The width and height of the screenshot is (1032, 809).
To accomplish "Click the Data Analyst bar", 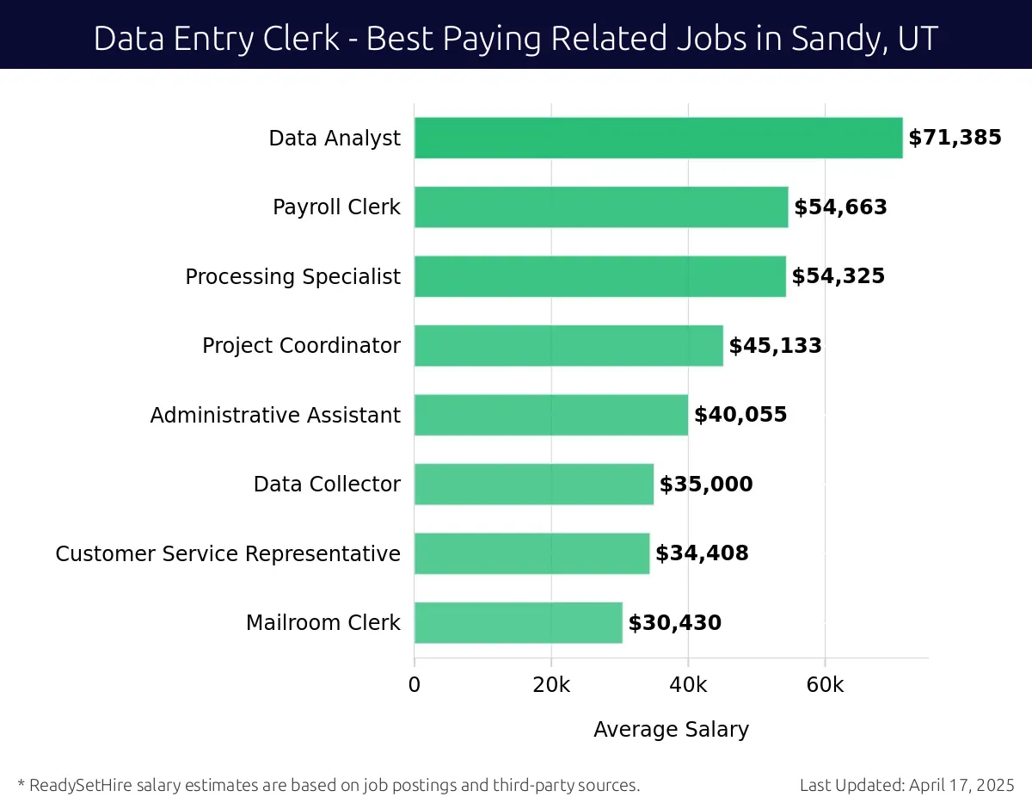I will pyautogui.click(x=658, y=138).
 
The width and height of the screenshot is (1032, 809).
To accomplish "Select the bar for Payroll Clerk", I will pyautogui.click(x=601, y=207).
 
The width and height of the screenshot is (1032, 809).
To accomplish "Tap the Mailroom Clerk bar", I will pyautogui.click(x=518, y=622).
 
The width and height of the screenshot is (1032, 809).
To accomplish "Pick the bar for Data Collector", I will pyautogui.click(x=533, y=484).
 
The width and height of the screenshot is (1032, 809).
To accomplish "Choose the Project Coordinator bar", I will pyautogui.click(x=568, y=345).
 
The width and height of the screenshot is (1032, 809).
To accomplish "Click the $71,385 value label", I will pyautogui.click(x=955, y=138).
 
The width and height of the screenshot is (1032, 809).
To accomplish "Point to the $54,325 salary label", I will pyautogui.click(x=838, y=276).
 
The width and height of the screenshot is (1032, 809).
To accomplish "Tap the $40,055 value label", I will pyautogui.click(x=740, y=415).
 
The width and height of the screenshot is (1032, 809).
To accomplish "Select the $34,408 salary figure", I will pyautogui.click(x=702, y=553).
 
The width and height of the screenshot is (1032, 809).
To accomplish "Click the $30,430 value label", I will pyautogui.click(x=674, y=622).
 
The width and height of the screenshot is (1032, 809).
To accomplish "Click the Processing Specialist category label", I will pyautogui.click(x=292, y=276).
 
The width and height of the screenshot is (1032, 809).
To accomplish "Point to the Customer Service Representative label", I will pyautogui.click(x=228, y=553).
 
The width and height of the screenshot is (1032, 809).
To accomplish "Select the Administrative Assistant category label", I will pyautogui.click(x=275, y=415).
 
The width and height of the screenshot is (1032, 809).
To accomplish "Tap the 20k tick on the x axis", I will pyautogui.click(x=551, y=685).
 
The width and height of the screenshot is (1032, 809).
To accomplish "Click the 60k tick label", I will pyautogui.click(x=825, y=685).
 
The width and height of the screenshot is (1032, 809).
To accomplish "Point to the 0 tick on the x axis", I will pyautogui.click(x=415, y=685).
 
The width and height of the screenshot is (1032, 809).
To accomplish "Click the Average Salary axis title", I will pyautogui.click(x=671, y=730).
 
